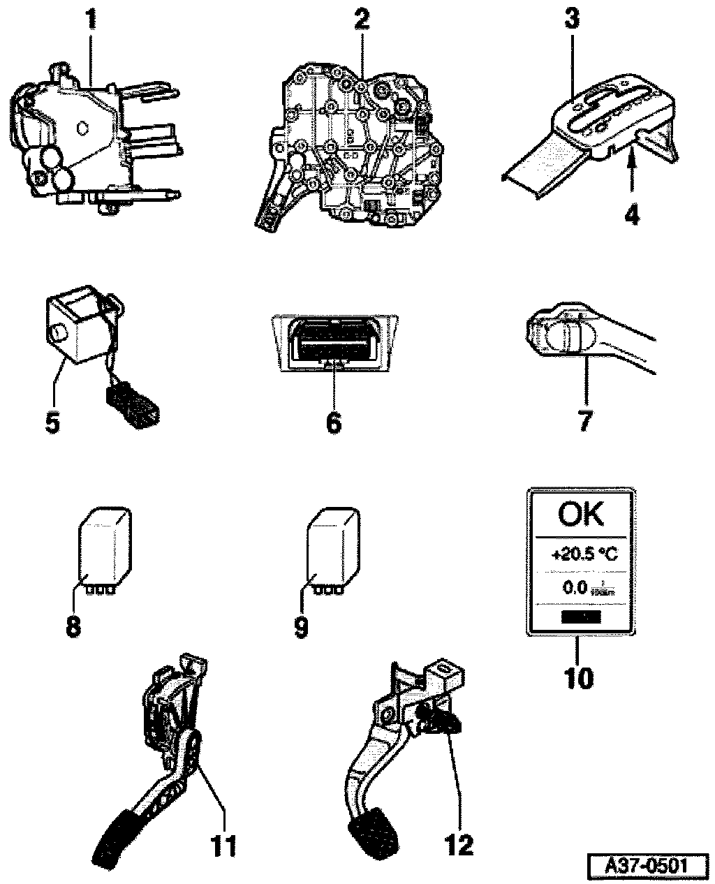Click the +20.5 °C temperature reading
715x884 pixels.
click(584, 555)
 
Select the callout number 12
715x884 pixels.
click(459, 846)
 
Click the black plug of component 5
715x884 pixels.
click(133, 403)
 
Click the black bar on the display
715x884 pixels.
click(580, 616)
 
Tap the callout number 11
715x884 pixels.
click(223, 846)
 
